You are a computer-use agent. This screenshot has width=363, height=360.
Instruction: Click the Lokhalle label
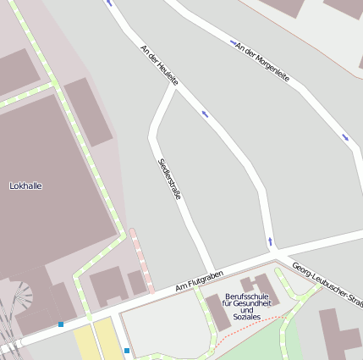tap(25, 185)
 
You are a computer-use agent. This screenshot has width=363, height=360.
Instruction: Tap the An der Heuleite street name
tap(159, 64)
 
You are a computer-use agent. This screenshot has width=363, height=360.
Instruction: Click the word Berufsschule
tap(247, 296)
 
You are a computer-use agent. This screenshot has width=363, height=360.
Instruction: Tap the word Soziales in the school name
tap(246, 317)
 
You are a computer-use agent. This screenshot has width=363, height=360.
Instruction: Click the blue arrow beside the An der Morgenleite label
tap(234, 42)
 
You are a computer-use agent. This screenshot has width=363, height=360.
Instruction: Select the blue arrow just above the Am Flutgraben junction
tap(270, 241)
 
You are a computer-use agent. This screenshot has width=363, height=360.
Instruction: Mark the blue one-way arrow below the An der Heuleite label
tap(204, 113)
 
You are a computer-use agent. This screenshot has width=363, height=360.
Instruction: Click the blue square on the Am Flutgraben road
tap(61, 324)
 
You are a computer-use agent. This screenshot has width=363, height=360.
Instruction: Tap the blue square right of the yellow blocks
tap(127, 350)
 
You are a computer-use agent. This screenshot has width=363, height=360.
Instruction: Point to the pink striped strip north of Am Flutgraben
tap(140, 258)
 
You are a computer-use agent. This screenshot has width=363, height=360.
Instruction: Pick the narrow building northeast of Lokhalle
tap(88, 112)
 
